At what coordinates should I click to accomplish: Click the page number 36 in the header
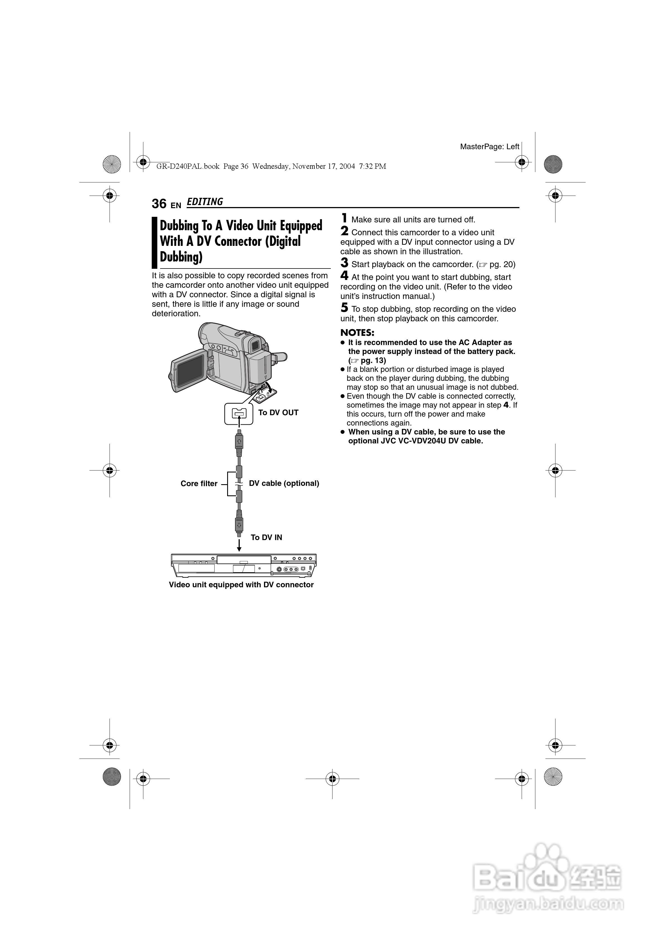click(159, 204)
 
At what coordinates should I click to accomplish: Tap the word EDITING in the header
click(205, 202)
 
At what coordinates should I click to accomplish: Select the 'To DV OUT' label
click(278, 413)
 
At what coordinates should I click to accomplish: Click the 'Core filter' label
click(199, 484)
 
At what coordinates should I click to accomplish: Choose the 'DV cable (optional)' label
click(284, 483)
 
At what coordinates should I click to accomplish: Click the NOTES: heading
click(357, 333)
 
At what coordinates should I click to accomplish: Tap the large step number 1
click(345, 218)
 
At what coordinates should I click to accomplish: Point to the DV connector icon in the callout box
click(239, 414)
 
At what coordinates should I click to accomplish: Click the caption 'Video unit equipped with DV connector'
click(241, 585)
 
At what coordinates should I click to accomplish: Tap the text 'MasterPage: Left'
click(489, 147)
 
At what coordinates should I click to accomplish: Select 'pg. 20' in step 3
click(502, 264)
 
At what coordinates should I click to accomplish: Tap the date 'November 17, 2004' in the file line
click(324, 167)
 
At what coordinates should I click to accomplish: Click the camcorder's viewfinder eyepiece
click(255, 344)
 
